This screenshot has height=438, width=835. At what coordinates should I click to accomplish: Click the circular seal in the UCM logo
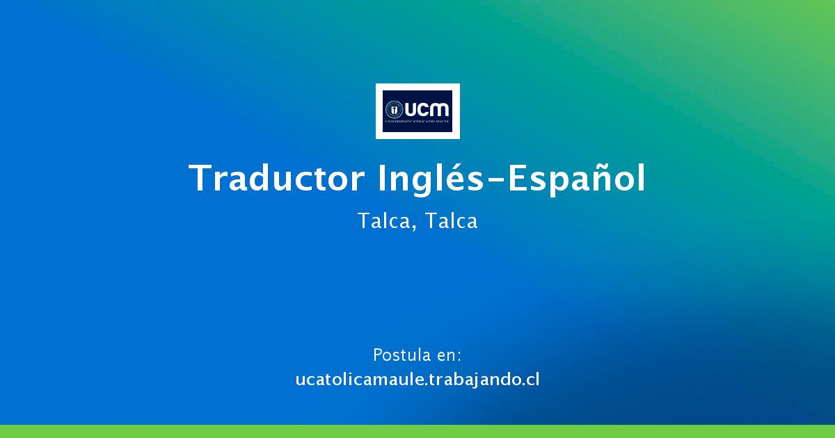coord(395,109)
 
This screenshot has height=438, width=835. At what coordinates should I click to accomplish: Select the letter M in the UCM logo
coord(440,109)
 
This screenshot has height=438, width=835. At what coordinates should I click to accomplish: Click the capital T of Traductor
coord(200,179)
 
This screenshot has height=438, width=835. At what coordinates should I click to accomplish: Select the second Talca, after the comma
coord(451,221)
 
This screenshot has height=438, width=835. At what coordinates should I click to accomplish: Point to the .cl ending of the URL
coord(531,380)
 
